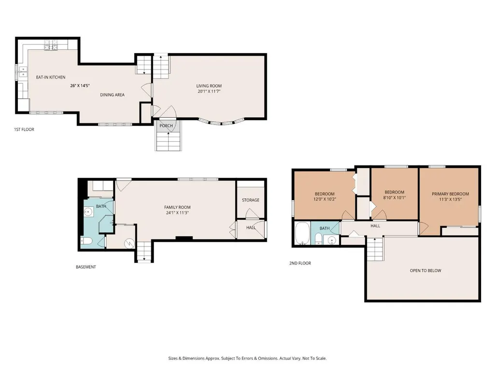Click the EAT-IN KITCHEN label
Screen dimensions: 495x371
coord(51,77)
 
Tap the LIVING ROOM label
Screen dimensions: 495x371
coord(209,86)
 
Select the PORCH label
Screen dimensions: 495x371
coord(166,125)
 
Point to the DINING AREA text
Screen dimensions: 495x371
coord(113,95)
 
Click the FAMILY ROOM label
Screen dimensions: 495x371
coord(177,207)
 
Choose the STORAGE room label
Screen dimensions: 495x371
coord(251,200)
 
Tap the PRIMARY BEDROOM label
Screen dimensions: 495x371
coord(451,194)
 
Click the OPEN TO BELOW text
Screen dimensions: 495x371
coord(425,271)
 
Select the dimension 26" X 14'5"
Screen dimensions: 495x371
coord(80,85)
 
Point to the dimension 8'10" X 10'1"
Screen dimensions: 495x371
coord(394,198)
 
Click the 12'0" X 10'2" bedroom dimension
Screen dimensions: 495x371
coord(325,199)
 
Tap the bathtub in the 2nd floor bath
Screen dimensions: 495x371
coord(303,234)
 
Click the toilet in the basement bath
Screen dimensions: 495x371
coord(86,241)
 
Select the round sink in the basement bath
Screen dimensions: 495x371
coord(88,212)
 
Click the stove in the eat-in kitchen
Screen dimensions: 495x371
coord(51,45)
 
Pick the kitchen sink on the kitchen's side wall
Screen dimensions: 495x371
coord(22,72)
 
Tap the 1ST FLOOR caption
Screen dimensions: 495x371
coord(24,129)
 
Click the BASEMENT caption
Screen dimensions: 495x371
coord(86,267)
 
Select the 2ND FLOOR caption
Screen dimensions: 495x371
coord(300,263)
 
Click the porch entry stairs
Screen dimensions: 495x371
coord(169,141)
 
